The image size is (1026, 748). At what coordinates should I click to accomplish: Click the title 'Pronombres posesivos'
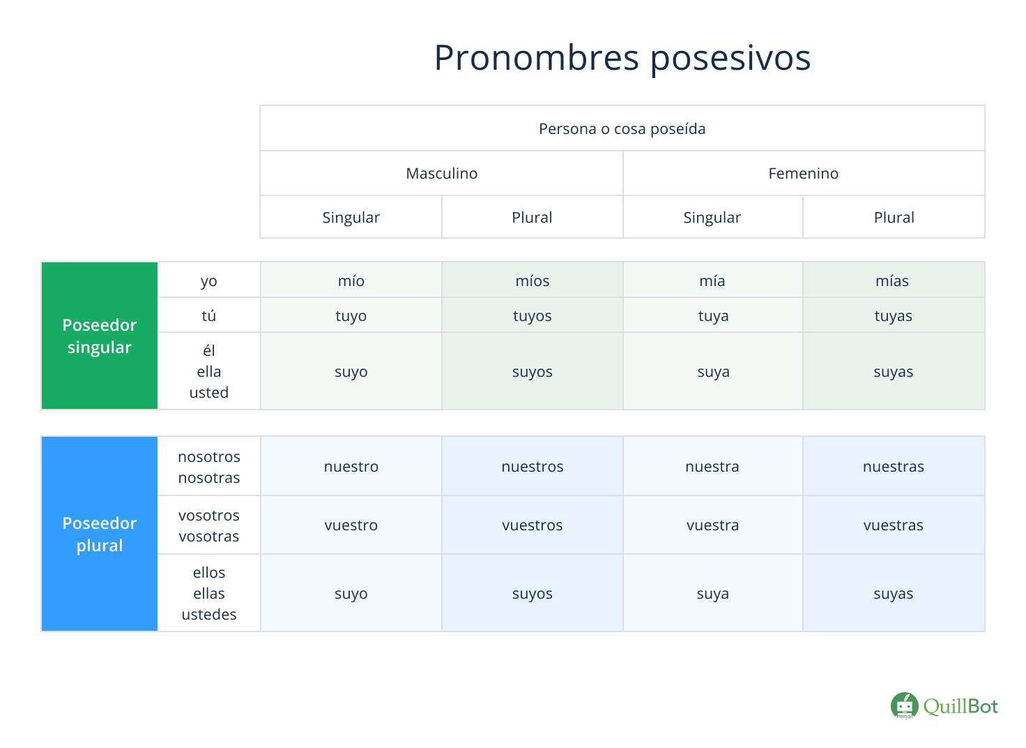pos(622,58)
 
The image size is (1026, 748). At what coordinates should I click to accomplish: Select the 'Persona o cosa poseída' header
pos(622,129)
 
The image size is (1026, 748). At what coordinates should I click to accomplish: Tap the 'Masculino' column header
pos(441,173)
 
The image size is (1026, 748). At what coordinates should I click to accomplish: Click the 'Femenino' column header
pos(804,173)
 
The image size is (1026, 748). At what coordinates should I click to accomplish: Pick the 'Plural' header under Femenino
pos(894,218)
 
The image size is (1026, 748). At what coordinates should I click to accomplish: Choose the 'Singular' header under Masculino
pos(351,218)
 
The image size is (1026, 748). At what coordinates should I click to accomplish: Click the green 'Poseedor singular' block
pos(100,336)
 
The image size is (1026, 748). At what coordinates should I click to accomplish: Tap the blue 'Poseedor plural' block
pos(100,534)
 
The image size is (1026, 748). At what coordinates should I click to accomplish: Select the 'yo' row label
pos(209,281)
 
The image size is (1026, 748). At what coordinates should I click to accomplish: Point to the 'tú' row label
pos(209,315)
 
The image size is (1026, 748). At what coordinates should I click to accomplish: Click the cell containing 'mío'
pos(351,280)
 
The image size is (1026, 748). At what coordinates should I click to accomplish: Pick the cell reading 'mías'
pos(894,280)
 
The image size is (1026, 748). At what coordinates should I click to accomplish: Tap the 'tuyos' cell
pos(533,315)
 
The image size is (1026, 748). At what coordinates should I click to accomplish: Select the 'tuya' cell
pos(713,315)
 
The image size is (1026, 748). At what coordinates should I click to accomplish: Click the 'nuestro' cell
pos(351,466)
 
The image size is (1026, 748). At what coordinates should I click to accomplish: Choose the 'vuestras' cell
pos(894,525)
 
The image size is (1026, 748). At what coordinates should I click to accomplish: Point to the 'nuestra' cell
pos(713,466)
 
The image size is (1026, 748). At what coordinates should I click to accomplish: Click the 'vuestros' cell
pos(533,525)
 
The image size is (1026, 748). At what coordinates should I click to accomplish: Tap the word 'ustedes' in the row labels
pos(209,614)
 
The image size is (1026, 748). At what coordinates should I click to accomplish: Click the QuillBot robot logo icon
pos(905,706)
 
